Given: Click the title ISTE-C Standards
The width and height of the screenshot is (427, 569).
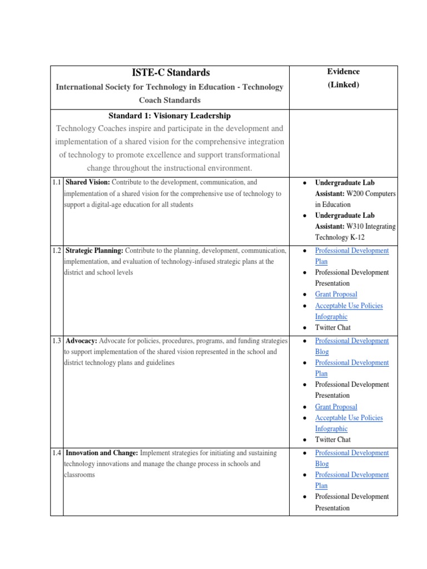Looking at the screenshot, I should tap(170, 72).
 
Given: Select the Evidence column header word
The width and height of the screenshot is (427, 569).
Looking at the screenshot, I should tap(343, 72).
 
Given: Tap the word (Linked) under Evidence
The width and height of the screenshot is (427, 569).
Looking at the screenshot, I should tap(343, 85).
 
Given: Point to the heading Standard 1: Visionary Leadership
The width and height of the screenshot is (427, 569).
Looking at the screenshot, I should tap(170, 116).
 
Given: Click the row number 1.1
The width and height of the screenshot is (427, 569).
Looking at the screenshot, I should tap(57, 182).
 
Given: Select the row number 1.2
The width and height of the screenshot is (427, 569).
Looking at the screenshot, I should tap(57, 251).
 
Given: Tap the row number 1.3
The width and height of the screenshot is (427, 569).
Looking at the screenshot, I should tap(57, 341).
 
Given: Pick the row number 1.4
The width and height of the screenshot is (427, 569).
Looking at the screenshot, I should tap(57, 453).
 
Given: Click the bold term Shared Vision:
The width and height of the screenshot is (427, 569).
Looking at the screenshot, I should tap(88, 182).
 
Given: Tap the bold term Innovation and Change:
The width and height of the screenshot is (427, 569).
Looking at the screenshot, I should tap(102, 453).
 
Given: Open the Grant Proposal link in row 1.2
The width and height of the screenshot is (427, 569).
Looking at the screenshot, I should tap(336, 295).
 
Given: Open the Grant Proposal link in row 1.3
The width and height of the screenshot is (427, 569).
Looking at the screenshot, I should tap(336, 407).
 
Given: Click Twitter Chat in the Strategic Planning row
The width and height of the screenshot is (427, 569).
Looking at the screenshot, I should tap(332, 328).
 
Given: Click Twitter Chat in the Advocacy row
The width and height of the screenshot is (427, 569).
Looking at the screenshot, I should tap(332, 440).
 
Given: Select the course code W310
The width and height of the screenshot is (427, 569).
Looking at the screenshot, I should tap(356, 226).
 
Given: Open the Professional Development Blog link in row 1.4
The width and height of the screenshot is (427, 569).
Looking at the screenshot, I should tap(352, 453).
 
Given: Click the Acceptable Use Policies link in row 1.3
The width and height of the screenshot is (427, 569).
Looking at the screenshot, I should tap(349, 418).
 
